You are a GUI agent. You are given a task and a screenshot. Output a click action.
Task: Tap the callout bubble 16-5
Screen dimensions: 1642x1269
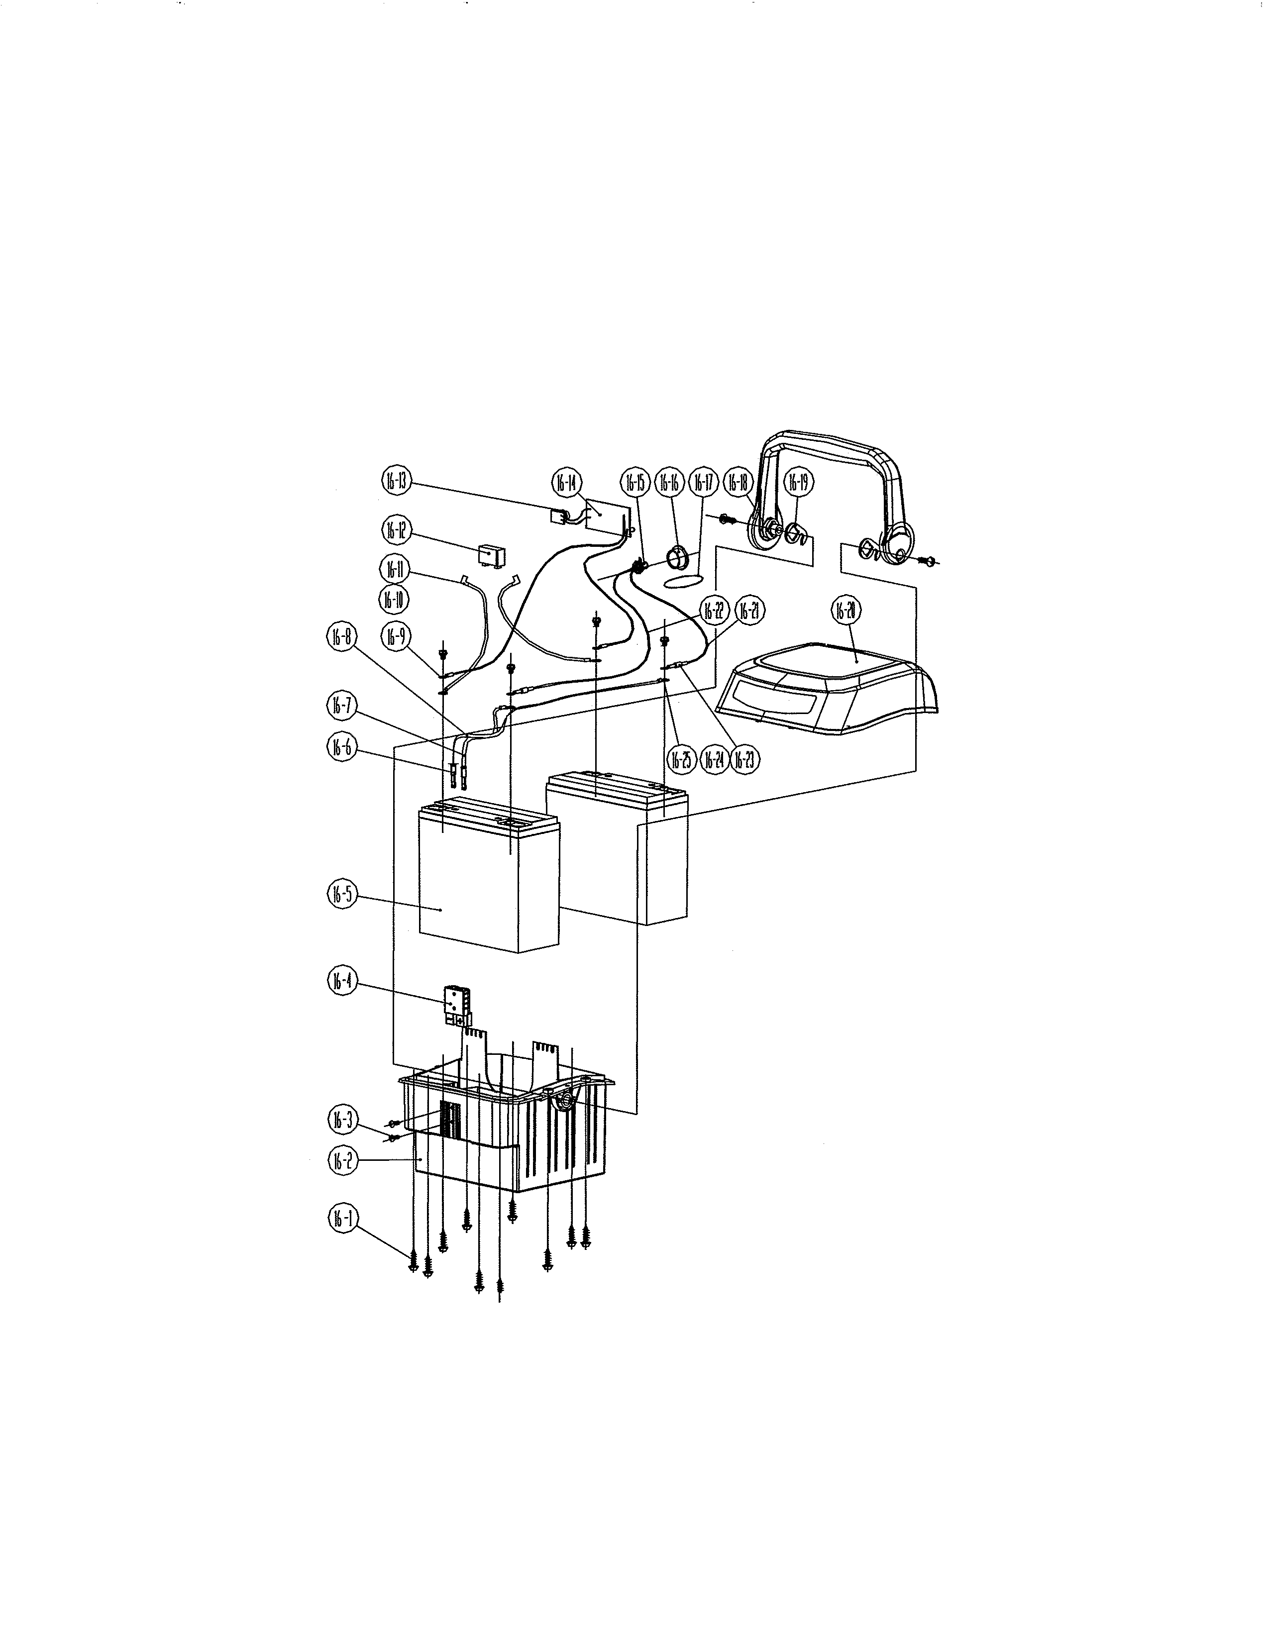coord(343,894)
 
